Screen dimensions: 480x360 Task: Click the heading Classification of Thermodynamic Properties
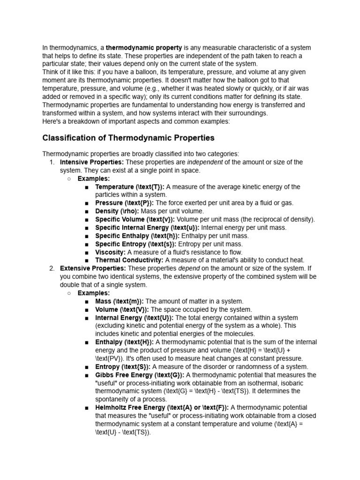coord(128,138)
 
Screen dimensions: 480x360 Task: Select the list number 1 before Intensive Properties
coord(52,162)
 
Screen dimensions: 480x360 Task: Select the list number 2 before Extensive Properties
coord(52,269)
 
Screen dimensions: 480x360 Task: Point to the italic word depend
coord(189,269)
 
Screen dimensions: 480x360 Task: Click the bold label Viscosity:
coord(110,252)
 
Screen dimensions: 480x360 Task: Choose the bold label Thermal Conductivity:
coord(129,260)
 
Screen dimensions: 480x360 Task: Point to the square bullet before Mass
coord(87,301)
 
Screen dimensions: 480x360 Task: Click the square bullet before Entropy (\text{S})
coord(87,367)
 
